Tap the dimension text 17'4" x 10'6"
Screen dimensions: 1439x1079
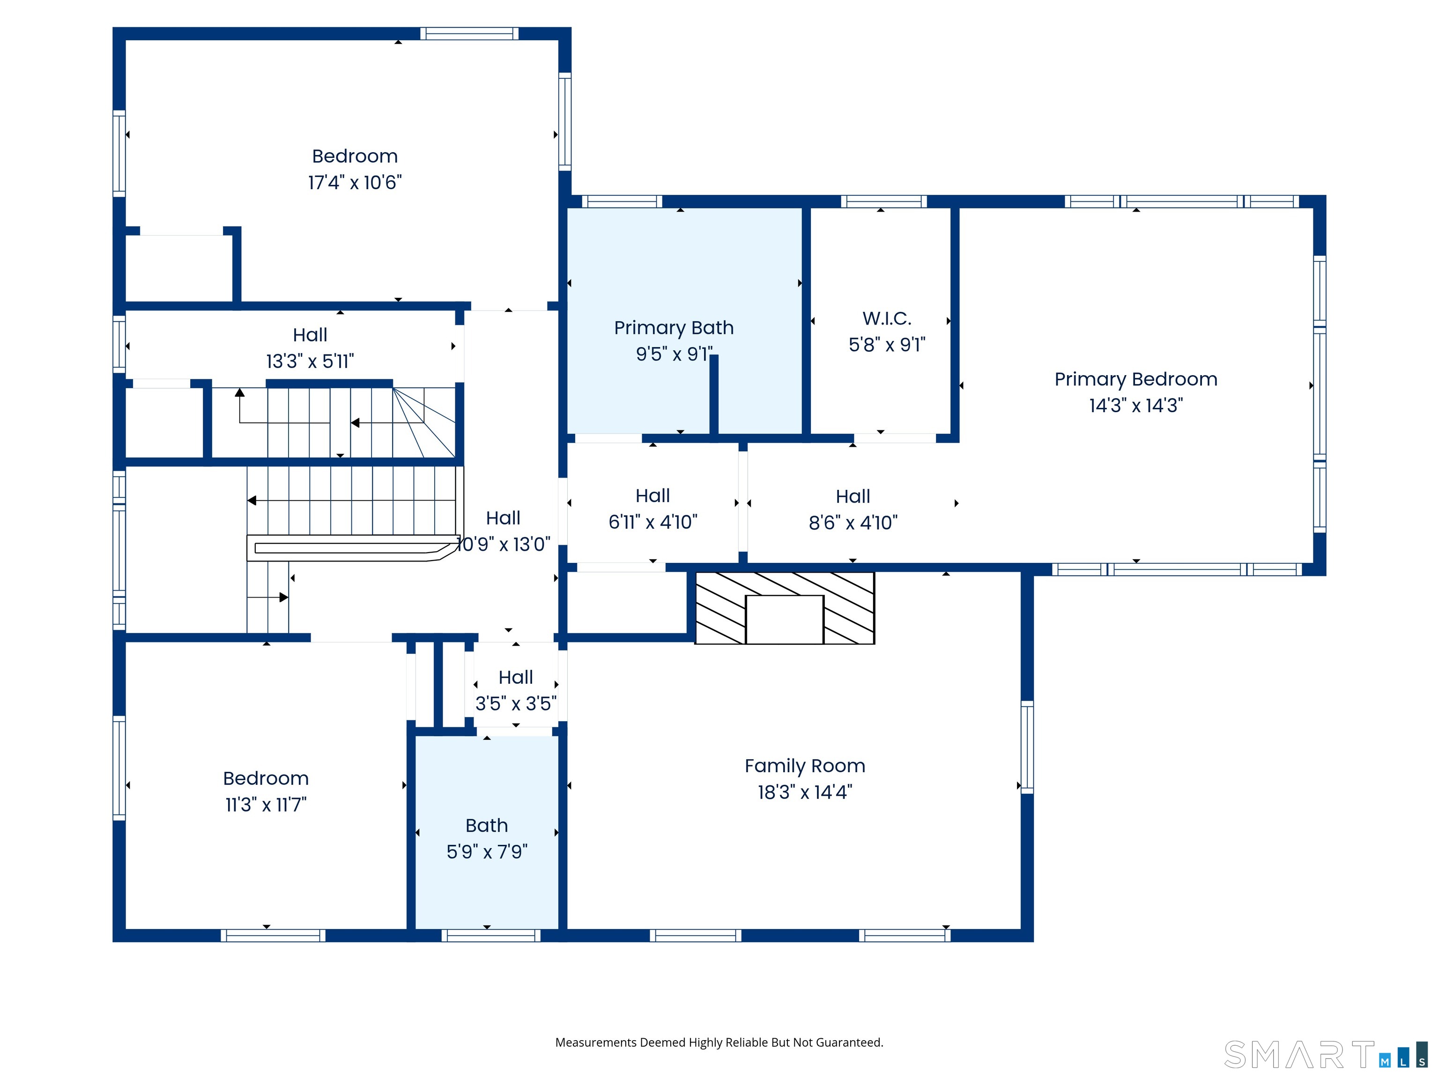tap(355, 182)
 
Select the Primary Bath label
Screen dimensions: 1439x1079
tap(674, 327)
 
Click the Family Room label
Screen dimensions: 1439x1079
tap(805, 766)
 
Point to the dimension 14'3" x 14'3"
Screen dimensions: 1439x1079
tap(1136, 405)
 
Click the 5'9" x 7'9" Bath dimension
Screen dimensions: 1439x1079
tap(487, 851)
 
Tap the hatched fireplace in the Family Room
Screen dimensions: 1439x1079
tap(785, 608)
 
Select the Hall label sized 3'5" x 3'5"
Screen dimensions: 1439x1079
tap(516, 677)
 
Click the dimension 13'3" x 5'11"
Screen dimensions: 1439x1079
tap(310, 361)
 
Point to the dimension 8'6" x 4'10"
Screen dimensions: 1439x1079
tap(853, 522)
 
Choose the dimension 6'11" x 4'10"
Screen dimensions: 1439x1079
tap(653, 522)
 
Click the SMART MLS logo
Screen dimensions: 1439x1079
tap(1326, 1054)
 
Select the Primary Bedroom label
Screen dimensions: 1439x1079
tap(1136, 379)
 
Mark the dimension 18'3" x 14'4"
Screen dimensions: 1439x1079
tap(805, 792)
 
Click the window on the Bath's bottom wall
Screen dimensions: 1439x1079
tap(491, 935)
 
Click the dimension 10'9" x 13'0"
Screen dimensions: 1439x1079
tap(503, 544)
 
